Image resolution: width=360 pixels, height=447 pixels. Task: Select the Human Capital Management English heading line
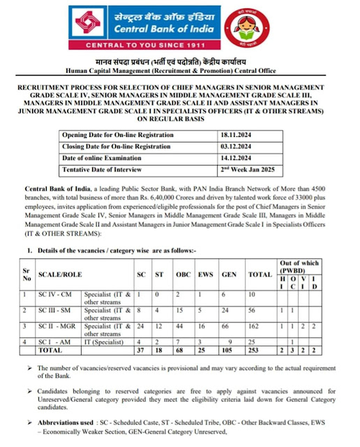pyautogui.click(x=180, y=71)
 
